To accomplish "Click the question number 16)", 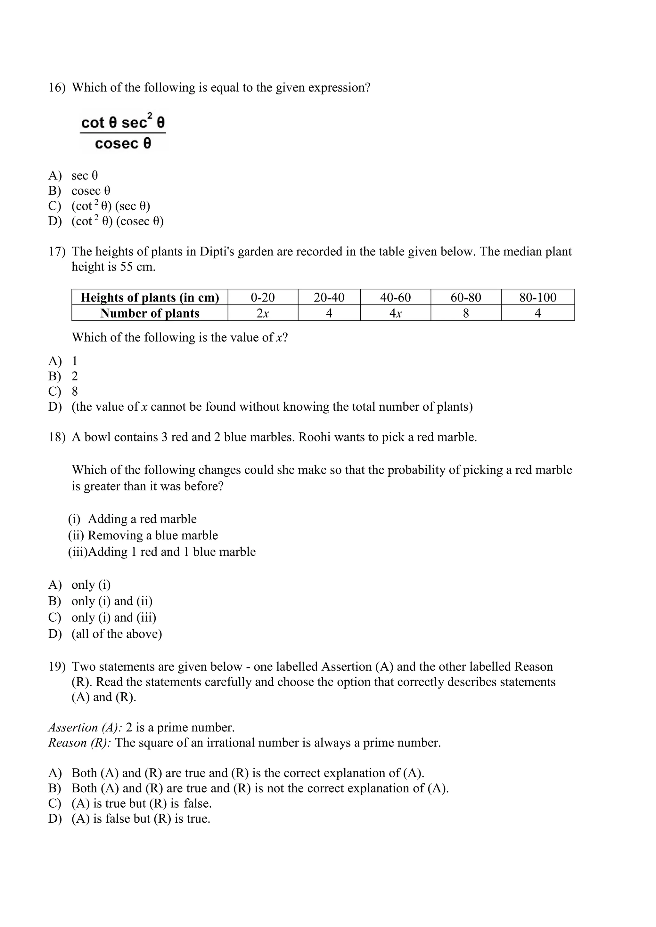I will [x=57, y=88].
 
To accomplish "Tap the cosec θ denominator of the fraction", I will [x=123, y=143].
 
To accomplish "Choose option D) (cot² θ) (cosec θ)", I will [x=117, y=221].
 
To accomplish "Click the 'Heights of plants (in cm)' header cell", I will [x=150, y=298].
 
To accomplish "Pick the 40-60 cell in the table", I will [x=396, y=298].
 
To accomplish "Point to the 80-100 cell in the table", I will [x=538, y=298].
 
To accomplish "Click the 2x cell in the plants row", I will [x=263, y=313].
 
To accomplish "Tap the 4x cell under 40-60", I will [x=396, y=313].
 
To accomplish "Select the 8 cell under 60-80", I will [x=466, y=313].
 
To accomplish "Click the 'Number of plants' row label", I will [x=150, y=313].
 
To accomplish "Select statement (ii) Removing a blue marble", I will [x=143, y=536].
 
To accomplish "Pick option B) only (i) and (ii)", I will [x=112, y=601].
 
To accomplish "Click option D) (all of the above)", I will [x=116, y=634].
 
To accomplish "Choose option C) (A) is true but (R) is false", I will [x=141, y=803].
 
